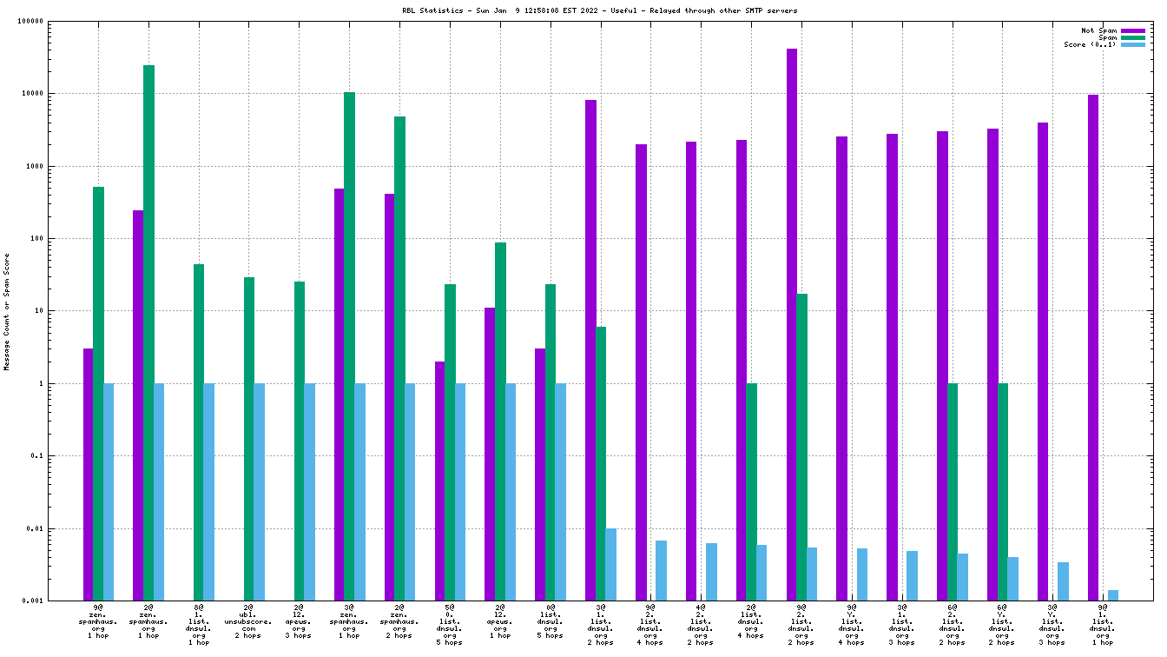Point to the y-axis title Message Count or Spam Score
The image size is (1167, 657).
pos(7,312)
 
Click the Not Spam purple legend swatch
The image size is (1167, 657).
pos(1133,31)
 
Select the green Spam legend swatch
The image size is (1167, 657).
pos(1133,38)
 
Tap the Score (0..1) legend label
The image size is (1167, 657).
pos(1091,45)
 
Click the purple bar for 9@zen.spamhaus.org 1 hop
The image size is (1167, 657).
pos(88,474)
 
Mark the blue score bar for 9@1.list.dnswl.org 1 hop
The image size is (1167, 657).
pos(1113,595)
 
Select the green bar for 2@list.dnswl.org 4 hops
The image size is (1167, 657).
pos(751,492)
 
